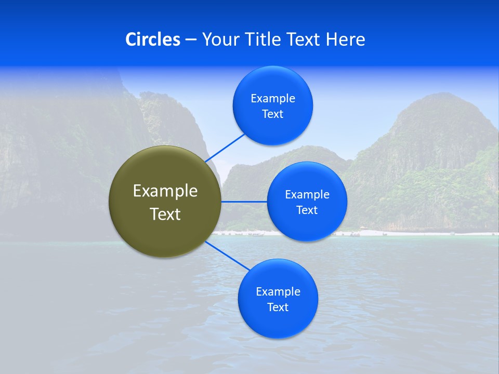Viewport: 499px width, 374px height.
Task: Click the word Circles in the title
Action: pyautogui.click(x=153, y=39)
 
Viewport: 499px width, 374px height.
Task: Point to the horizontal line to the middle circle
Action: pyautogui.click(x=244, y=202)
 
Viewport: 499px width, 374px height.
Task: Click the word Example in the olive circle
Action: pyautogui.click(x=165, y=191)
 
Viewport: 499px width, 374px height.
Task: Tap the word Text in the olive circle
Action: pyautogui.click(x=165, y=214)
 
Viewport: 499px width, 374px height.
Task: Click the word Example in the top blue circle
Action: pyautogui.click(x=273, y=99)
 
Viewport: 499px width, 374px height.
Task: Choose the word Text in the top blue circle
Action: pyautogui.click(x=273, y=114)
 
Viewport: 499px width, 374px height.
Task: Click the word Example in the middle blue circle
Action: pyautogui.click(x=307, y=195)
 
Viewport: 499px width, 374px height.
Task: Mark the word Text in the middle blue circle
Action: pyautogui.click(x=307, y=210)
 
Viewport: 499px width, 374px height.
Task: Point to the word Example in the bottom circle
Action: pyautogui.click(x=278, y=292)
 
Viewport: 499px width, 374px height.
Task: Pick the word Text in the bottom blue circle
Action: pyautogui.click(x=278, y=308)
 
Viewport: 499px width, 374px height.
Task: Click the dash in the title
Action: pyautogui.click(x=191, y=40)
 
